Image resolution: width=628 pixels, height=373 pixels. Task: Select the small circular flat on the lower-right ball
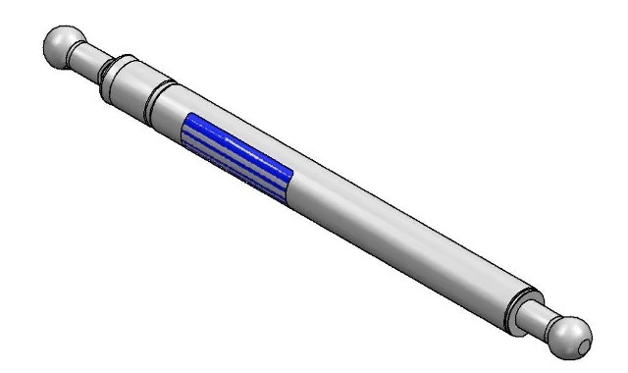[584, 346]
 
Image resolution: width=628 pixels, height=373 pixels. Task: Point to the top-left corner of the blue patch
[190, 115]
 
